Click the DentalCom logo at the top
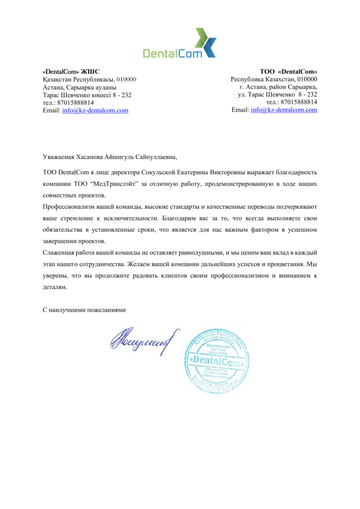[180, 43]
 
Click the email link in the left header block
[95, 110]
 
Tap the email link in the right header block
[284, 110]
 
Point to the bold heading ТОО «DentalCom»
[288, 72]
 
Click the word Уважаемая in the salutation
[58, 157]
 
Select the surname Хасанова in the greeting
[91, 157]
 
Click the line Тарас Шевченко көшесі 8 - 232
[87, 95]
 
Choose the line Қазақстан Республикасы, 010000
[90, 80]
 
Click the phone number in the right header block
[292, 102]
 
